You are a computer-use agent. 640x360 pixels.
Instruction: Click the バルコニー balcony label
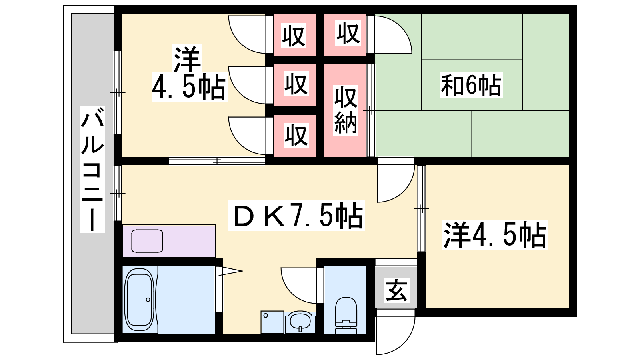(x=92, y=170)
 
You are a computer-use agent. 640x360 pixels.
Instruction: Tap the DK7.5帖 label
(x=296, y=216)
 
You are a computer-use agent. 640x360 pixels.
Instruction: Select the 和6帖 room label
(x=471, y=85)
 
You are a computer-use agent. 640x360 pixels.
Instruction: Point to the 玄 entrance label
(x=396, y=290)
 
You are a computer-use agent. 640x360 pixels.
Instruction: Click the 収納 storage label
(x=346, y=110)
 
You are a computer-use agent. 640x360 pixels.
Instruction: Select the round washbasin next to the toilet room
(x=300, y=322)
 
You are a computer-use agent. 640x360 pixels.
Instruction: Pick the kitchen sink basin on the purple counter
(x=147, y=241)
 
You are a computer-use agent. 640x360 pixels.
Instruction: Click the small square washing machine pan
(x=272, y=322)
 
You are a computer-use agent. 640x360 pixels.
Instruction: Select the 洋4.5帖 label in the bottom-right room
(x=495, y=235)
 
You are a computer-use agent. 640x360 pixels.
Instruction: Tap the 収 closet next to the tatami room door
(x=348, y=34)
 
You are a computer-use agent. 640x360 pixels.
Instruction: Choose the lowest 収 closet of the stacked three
(x=296, y=136)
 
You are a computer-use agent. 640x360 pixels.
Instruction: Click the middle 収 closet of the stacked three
(x=296, y=84)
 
